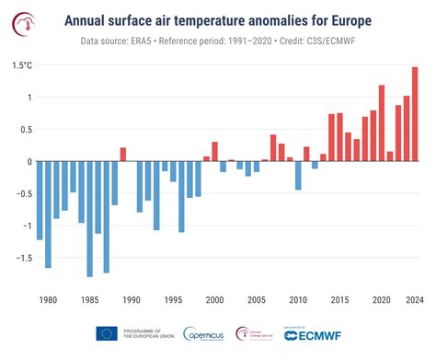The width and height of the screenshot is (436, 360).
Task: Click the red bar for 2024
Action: pyautogui.click(x=415, y=114)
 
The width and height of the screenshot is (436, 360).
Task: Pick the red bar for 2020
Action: pyautogui.click(x=382, y=123)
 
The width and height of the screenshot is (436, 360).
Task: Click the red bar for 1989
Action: pyautogui.click(x=122, y=155)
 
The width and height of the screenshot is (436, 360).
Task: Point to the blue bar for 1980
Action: pyautogui.click(x=40, y=200)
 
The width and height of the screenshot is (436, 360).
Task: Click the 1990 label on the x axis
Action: pyautogui.click(x=131, y=300)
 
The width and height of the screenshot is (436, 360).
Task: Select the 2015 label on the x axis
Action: pyautogui.click(x=339, y=300)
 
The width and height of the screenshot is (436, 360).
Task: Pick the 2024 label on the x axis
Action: pyautogui.click(x=415, y=300)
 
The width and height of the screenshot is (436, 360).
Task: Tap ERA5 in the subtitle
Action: pyautogui.click(x=170, y=41)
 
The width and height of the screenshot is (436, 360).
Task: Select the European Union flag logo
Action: pyautogui.click(x=106, y=334)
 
